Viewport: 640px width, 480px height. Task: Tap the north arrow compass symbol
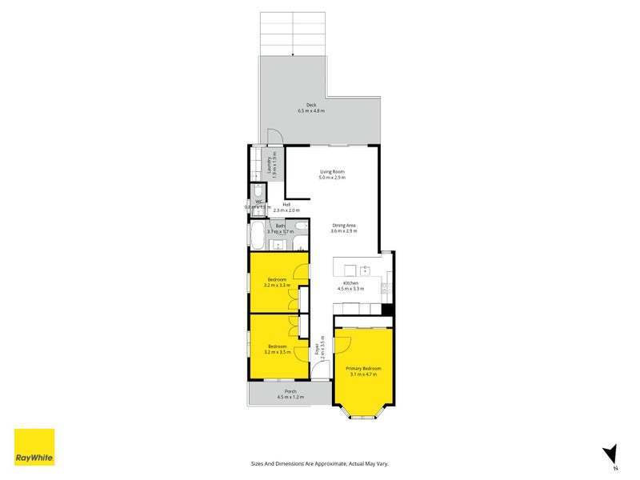tap(610, 454)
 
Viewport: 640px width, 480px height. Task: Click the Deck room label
tap(311, 105)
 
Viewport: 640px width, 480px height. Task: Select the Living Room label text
tap(332, 172)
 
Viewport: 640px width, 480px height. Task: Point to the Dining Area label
tap(345, 226)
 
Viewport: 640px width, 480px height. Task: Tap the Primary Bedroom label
tap(364, 369)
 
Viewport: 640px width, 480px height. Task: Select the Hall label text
tap(286, 205)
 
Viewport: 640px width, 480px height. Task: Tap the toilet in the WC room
tap(258, 194)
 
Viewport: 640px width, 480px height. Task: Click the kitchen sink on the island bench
tap(364, 270)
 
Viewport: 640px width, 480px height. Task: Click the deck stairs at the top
tap(293, 34)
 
